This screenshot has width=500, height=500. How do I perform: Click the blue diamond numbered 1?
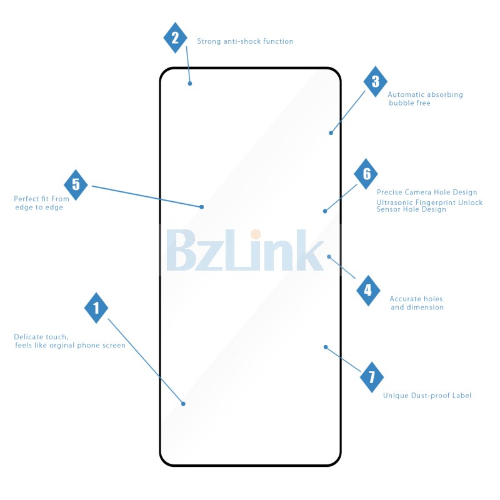96,307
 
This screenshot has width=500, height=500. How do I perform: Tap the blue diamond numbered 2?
175,37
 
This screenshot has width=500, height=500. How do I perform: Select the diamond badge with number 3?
376,81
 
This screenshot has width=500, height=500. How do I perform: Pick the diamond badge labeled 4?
368,291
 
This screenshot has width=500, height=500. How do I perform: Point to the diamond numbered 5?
76,184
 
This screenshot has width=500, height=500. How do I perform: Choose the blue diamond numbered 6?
366,174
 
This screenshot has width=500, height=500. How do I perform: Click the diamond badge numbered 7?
371,377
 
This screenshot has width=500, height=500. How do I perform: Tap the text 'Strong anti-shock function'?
245,41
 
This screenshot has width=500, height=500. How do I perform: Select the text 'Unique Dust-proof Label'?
427,396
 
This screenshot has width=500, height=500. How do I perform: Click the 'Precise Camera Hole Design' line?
427,192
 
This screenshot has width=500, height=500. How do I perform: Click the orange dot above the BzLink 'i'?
256,234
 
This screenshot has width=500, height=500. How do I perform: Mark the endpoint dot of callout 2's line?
190,84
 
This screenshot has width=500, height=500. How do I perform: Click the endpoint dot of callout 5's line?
201,207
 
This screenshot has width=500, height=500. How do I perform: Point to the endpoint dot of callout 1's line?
183,404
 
